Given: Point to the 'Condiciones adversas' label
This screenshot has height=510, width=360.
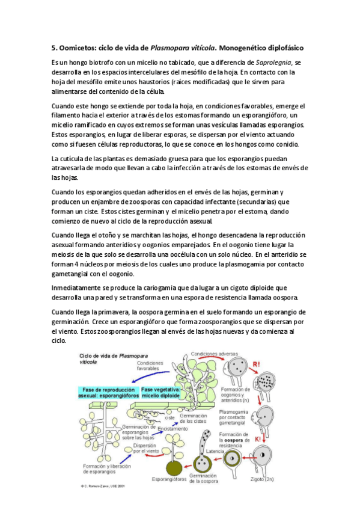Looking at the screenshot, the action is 213,354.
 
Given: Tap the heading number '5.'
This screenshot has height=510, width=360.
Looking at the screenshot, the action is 53,47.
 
